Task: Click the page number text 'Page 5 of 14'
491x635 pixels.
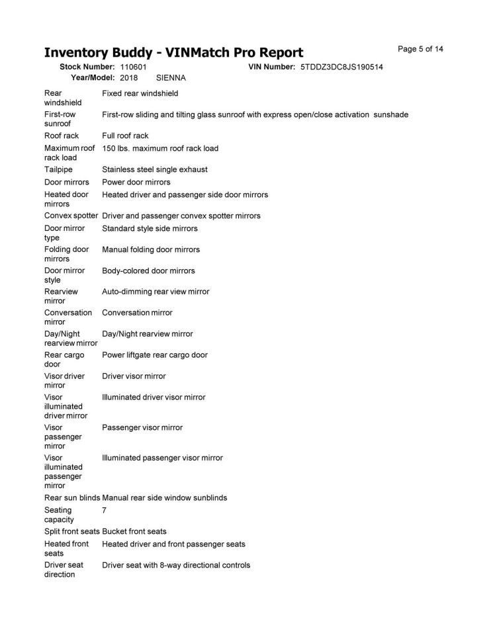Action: point(420,49)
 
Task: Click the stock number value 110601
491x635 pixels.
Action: point(133,67)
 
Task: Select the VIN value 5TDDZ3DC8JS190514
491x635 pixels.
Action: point(341,67)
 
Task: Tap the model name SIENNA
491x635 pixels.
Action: point(171,77)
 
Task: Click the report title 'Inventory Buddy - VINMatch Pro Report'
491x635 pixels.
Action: point(173,52)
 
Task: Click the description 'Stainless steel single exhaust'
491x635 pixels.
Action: point(155,169)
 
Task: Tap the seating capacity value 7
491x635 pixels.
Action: point(105,510)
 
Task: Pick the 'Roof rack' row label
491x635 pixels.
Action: point(62,136)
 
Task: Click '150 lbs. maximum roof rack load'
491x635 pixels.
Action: point(160,148)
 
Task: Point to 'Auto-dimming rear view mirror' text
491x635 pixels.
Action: point(156,291)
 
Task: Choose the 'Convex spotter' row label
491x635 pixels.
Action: point(71,216)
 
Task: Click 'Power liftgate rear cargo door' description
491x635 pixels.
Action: point(155,355)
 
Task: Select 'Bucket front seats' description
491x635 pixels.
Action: point(134,531)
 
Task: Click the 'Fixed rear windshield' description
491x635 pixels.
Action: point(140,93)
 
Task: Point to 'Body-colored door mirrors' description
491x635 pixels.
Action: point(149,271)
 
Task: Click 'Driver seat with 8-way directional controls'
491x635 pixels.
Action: point(176,565)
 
